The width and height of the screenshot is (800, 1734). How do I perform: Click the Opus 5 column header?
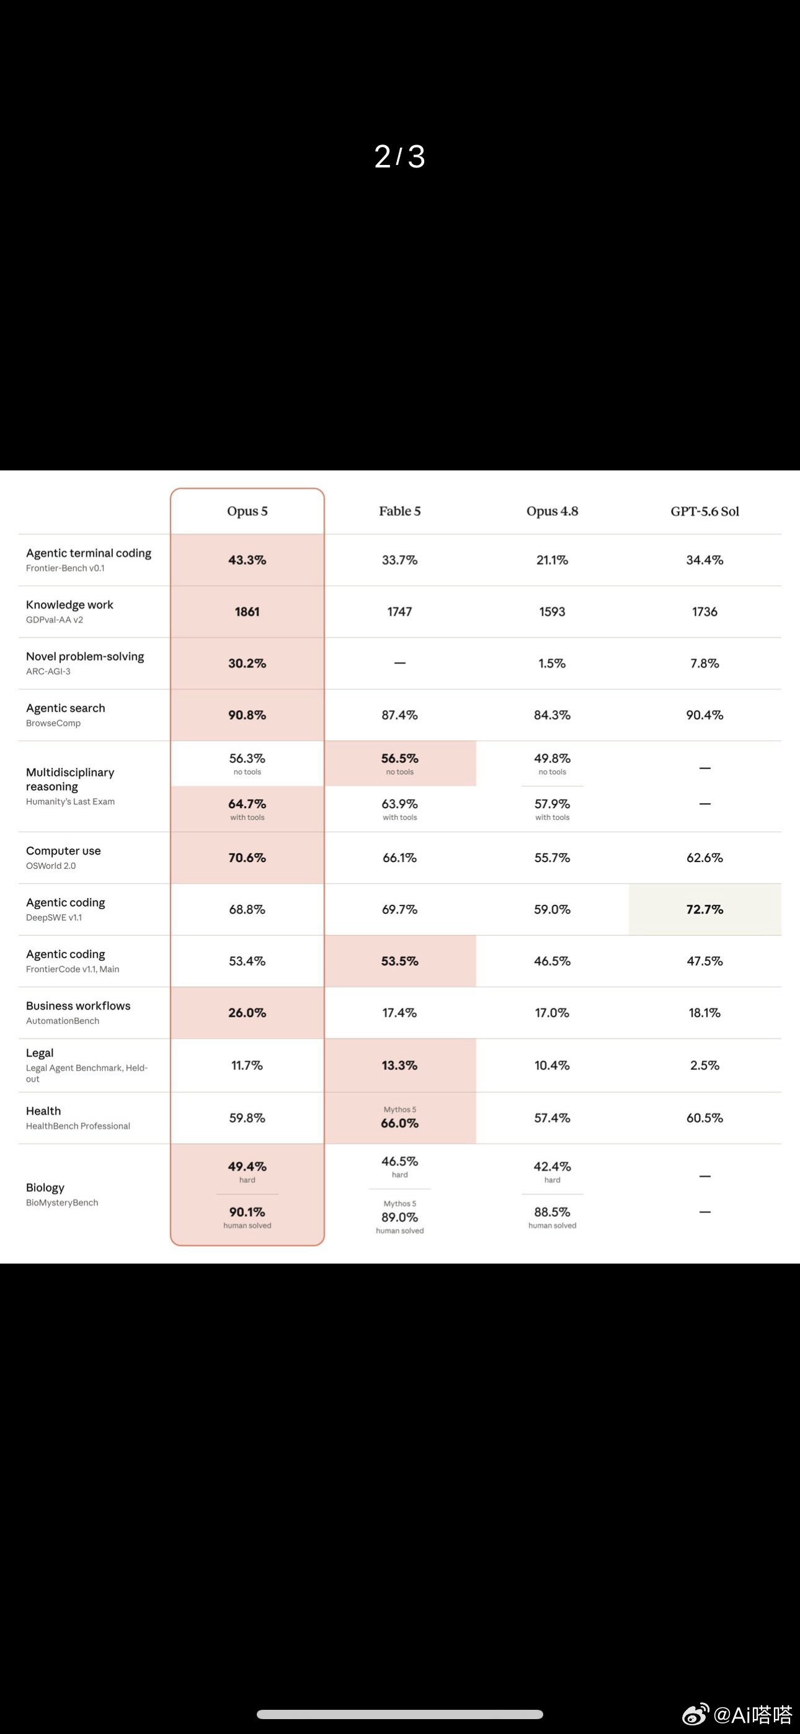point(247,511)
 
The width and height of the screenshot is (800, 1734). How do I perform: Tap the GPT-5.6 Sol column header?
point(704,511)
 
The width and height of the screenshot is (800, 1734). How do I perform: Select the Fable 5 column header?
point(399,511)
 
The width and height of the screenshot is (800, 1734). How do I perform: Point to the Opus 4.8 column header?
point(552,511)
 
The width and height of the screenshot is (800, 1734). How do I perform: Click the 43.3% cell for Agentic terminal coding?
point(247,560)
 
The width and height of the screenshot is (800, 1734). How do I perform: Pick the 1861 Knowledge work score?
point(247,612)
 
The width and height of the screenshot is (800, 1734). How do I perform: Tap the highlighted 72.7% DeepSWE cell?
point(704,909)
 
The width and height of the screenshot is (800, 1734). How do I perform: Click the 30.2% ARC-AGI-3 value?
point(247,663)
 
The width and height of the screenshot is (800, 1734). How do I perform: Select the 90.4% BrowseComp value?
point(704,715)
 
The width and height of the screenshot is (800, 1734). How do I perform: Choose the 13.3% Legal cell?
point(399,1065)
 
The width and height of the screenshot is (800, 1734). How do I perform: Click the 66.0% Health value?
point(399,1123)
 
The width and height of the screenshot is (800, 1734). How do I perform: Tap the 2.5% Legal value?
point(704,1065)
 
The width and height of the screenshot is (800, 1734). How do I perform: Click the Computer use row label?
point(63,851)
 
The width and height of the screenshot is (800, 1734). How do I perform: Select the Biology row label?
point(45,1188)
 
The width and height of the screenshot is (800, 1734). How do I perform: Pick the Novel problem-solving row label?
point(85,656)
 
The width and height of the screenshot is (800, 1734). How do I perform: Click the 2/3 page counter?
point(399,156)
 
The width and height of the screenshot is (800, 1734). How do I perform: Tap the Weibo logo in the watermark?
point(696,1713)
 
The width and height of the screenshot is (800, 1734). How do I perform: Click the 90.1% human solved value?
point(247,1212)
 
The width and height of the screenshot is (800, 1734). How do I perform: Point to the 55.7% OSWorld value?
point(552,858)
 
